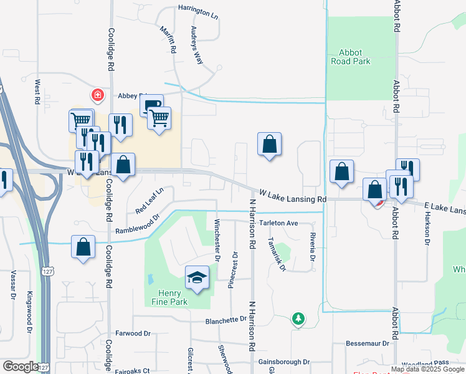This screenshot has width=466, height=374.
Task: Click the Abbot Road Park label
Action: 354,57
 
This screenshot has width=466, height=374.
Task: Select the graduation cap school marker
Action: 197,278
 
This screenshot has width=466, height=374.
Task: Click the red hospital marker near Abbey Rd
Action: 98,95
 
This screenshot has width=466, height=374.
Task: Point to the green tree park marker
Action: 299,319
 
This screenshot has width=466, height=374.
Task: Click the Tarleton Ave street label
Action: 280,223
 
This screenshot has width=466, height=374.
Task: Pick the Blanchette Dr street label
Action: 226,320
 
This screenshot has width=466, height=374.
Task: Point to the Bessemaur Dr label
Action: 368,343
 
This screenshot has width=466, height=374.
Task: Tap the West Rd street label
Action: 38,91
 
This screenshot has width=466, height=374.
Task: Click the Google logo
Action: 20,367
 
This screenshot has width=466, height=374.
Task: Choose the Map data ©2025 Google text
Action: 427,370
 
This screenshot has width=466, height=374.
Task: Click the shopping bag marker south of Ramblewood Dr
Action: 83,247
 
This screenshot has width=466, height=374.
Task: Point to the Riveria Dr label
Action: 312,247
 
